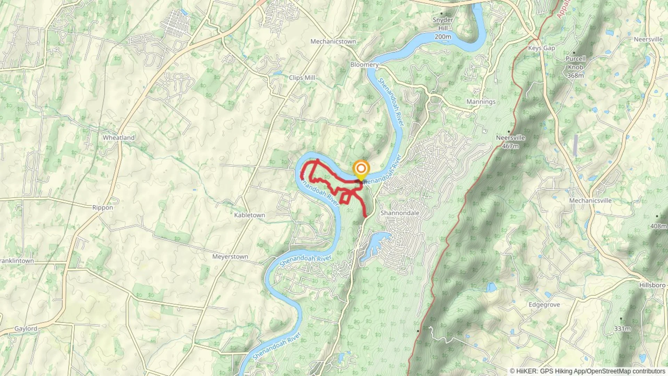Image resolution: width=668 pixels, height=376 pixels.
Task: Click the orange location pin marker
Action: [361, 170]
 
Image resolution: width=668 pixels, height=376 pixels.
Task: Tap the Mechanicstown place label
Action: [333, 41]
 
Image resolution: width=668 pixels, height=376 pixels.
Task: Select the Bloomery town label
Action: [364, 65]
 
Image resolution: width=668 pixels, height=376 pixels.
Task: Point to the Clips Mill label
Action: [302, 78]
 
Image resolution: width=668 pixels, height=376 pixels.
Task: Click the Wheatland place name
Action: [118, 138]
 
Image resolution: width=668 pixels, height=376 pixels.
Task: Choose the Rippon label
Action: [102, 207]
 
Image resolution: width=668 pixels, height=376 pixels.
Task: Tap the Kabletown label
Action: [249, 215]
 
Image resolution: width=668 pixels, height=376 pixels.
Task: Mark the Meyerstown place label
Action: [230, 257]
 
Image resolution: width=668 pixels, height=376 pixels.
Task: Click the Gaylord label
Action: [26, 329]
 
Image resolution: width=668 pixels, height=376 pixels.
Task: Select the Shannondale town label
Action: [400, 213]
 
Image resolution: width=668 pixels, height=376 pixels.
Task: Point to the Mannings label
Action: [481, 102]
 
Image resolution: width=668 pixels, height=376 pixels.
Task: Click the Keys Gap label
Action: [541, 48]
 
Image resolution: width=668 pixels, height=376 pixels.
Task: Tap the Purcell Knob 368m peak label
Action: [575, 67]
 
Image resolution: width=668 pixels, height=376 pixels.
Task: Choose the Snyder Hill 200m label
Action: [443, 28]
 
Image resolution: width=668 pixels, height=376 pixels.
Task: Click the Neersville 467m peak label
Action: [510, 142]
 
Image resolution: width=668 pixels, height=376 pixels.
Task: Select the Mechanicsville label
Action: [590, 201]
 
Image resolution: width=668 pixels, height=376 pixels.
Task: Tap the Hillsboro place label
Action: [652, 285]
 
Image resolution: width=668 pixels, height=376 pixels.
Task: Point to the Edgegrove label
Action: [544, 305]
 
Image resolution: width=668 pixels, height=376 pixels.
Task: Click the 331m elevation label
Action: [622, 329]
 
